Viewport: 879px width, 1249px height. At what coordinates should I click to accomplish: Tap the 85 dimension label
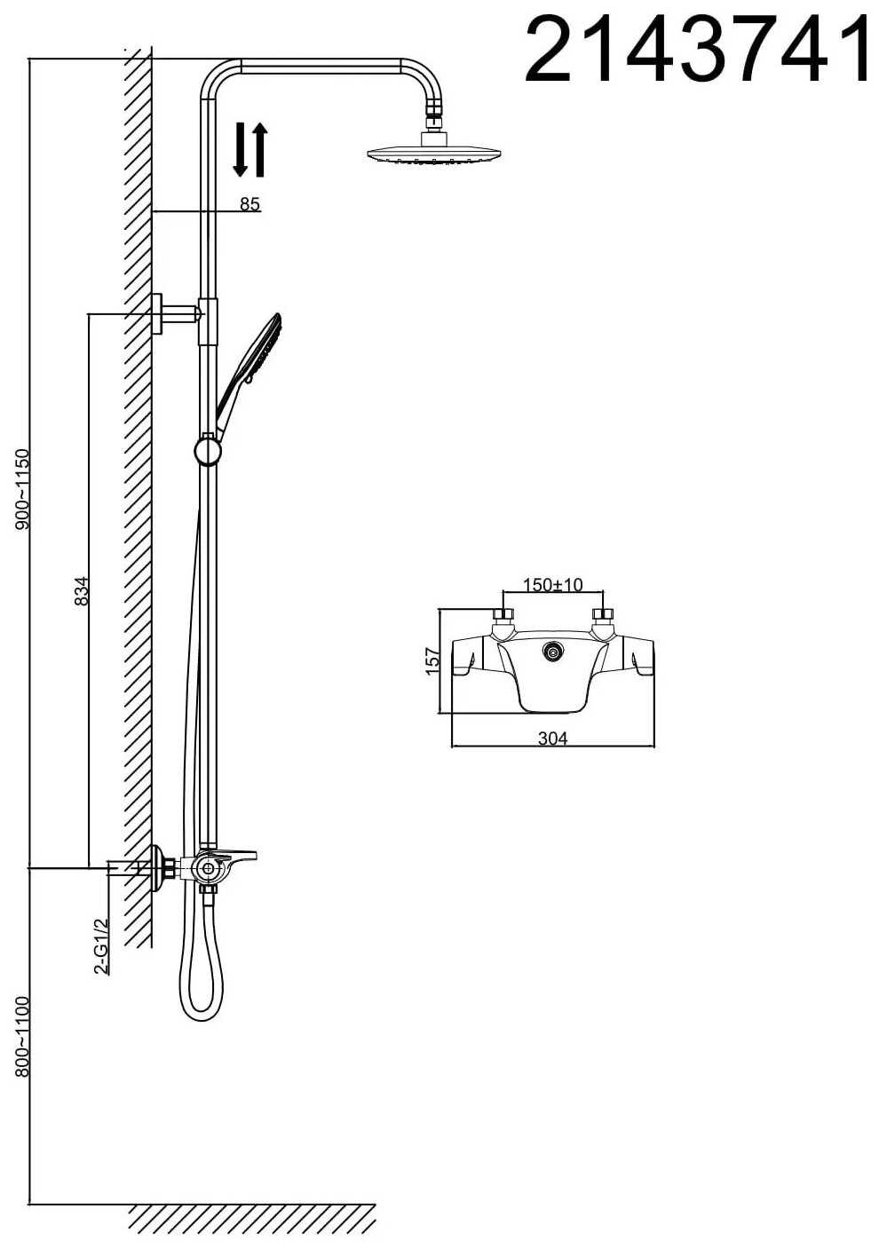tap(249, 205)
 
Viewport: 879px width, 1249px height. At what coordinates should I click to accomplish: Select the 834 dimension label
tap(82, 591)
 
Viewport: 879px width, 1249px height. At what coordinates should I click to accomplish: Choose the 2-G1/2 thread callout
tap(102, 947)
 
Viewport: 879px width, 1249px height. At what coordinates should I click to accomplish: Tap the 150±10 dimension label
tap(553, 585)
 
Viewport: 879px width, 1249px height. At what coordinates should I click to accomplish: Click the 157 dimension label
tap(433, 662)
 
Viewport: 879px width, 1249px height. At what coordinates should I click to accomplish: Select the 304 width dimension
tap(552, 739)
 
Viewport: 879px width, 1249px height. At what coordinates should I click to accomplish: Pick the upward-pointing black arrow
tap(260, 149)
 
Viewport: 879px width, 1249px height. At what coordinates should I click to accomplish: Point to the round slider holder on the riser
tap(208, 451)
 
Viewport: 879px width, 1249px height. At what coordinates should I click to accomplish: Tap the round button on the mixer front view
tap(553, 652)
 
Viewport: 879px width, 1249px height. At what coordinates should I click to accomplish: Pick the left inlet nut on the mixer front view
tap(503, 615)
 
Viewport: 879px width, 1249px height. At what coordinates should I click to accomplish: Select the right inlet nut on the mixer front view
tap(604, 615)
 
